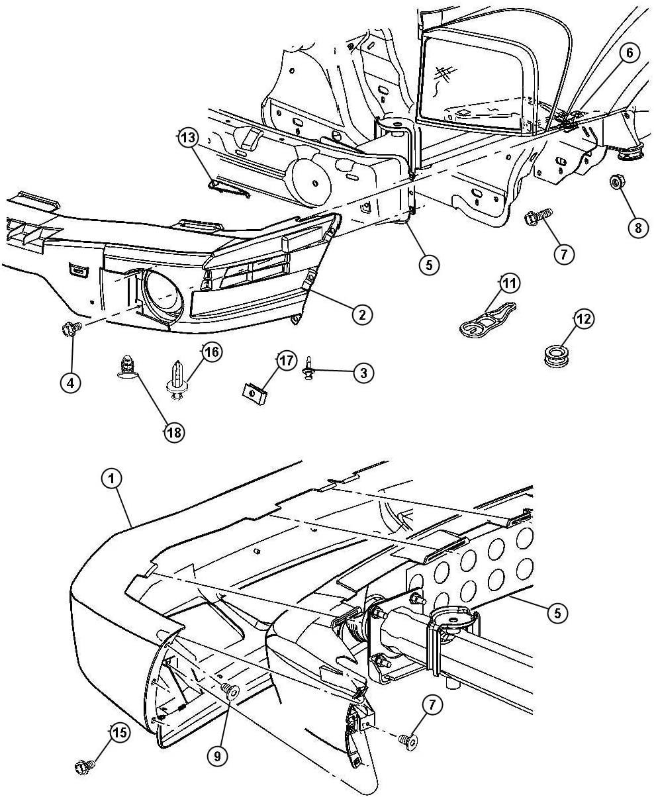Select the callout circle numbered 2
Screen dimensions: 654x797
[x=362, y=314]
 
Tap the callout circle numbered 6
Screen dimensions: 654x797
[x=629, y=53]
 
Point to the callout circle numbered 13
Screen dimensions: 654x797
[x=188, y=138]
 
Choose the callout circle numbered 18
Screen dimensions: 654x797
[x=174, y=432]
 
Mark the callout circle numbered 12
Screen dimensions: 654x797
[x=584, y=319]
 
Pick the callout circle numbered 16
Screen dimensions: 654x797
[x=212, y=352]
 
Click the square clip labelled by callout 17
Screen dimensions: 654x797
[x=255, y=393]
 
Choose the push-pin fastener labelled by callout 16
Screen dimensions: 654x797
[x=176, y=379]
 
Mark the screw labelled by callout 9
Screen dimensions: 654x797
[x=230, y=689]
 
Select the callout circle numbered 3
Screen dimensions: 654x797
[x=363, y=373]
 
